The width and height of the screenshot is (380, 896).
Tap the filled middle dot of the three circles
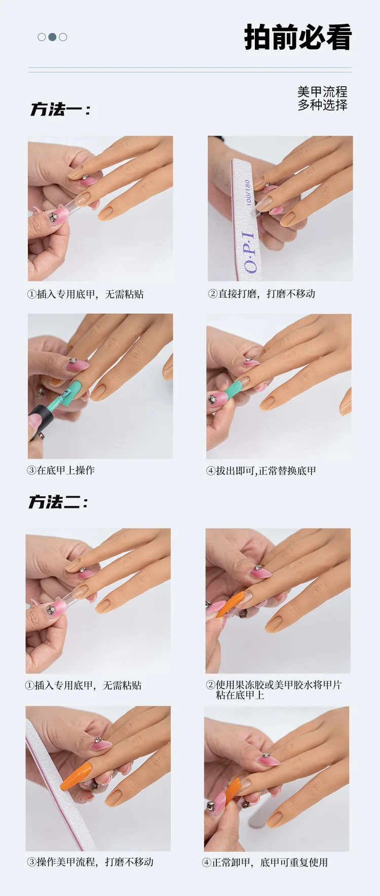pyautogui.click(x=52, y=37)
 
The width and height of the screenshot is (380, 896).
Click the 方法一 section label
pyautogui.click(x=60, y=109)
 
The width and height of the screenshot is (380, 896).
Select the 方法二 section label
pyautogui.click(x=58, y=502)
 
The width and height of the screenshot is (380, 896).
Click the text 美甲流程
pyautogui.click(x=322, y=92)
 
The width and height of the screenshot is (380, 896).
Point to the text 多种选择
pyautogui.click(x=322, y=105)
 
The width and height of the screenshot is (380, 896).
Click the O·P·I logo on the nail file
pyautogui.click(x=250, y=252)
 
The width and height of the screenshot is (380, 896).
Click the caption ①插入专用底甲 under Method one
pyautogui.click(x=85, y=294)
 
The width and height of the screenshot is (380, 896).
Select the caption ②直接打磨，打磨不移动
pyautogui.click(x=261, y=294)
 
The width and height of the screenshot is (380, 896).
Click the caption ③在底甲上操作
pyautogui.click(x=61, y=470)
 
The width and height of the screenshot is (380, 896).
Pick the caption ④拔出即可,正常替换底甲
pyautogui.click(x=261, y=471)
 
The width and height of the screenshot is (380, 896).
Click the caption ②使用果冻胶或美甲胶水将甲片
pyautogui.click(x=274, y=685)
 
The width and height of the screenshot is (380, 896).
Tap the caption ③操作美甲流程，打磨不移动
pyautogui.click(x=90, y=862)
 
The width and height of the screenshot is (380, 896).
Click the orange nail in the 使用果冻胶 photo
pyautogui.click(x=231, y=605)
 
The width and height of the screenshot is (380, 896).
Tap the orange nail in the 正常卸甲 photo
pyautogui.click(x=232, y=790)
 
